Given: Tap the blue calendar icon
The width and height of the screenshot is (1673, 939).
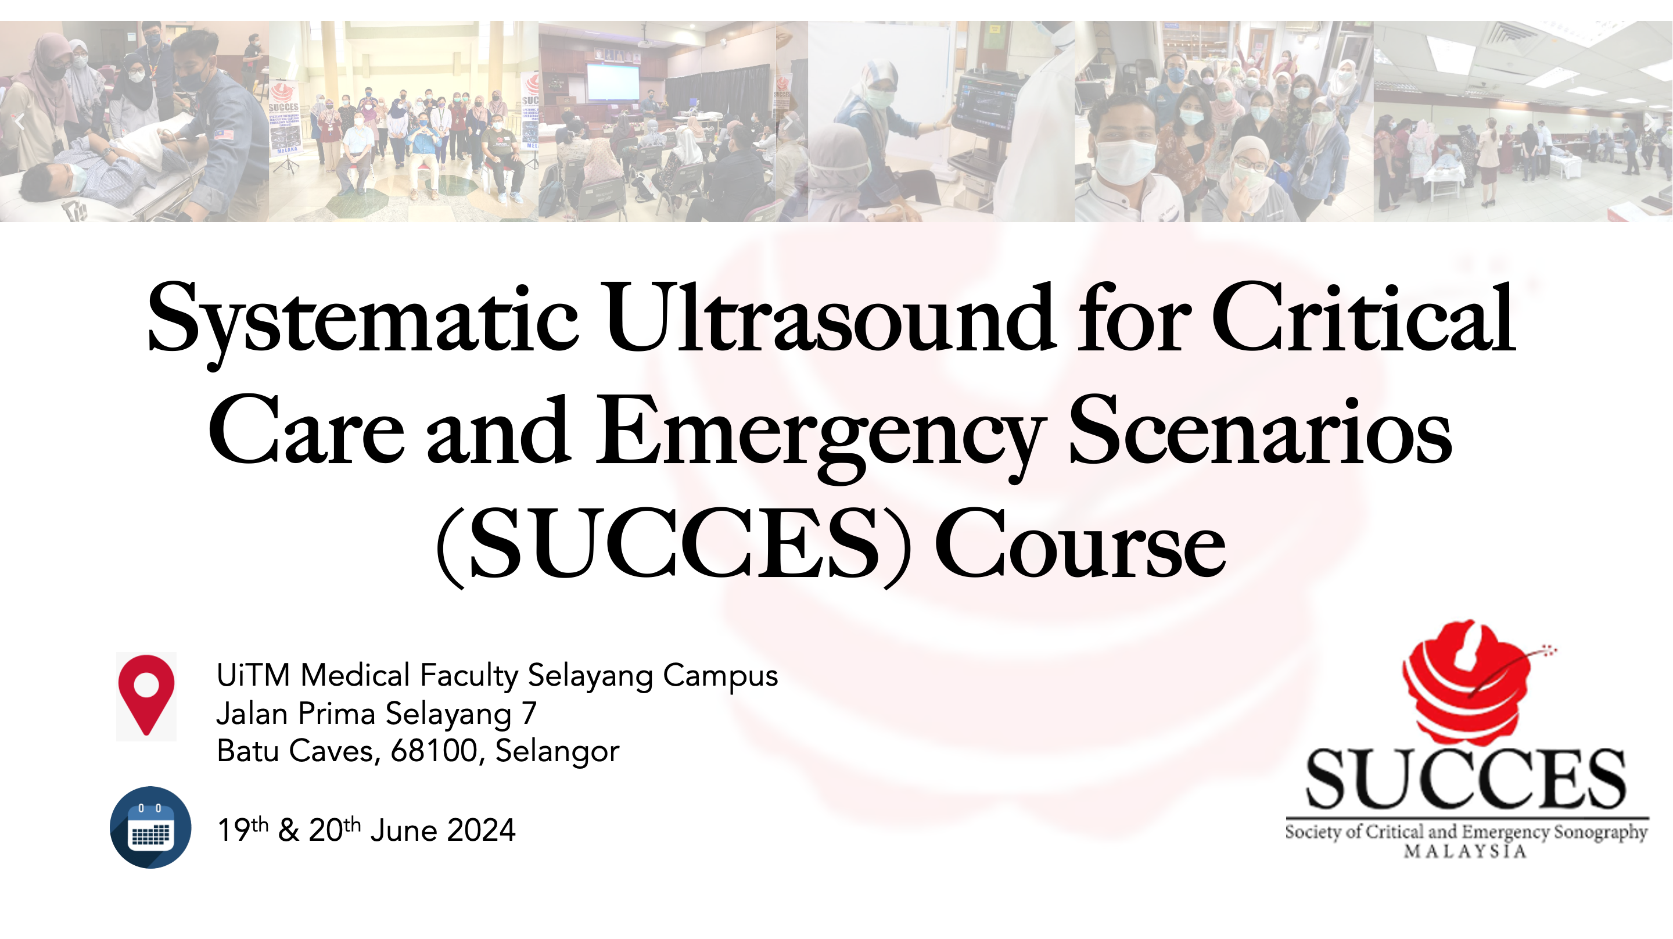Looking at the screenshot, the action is (150, 827).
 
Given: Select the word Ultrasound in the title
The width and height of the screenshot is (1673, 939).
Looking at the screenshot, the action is (831, 318).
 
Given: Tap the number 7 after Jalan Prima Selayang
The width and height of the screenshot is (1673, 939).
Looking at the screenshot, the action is (529, 714).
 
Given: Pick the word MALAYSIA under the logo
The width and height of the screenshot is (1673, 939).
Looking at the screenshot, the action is (1465, 851).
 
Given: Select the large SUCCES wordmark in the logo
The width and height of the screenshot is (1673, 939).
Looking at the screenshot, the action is (1466, 778).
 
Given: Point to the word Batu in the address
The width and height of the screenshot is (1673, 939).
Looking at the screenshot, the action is (250, 751).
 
